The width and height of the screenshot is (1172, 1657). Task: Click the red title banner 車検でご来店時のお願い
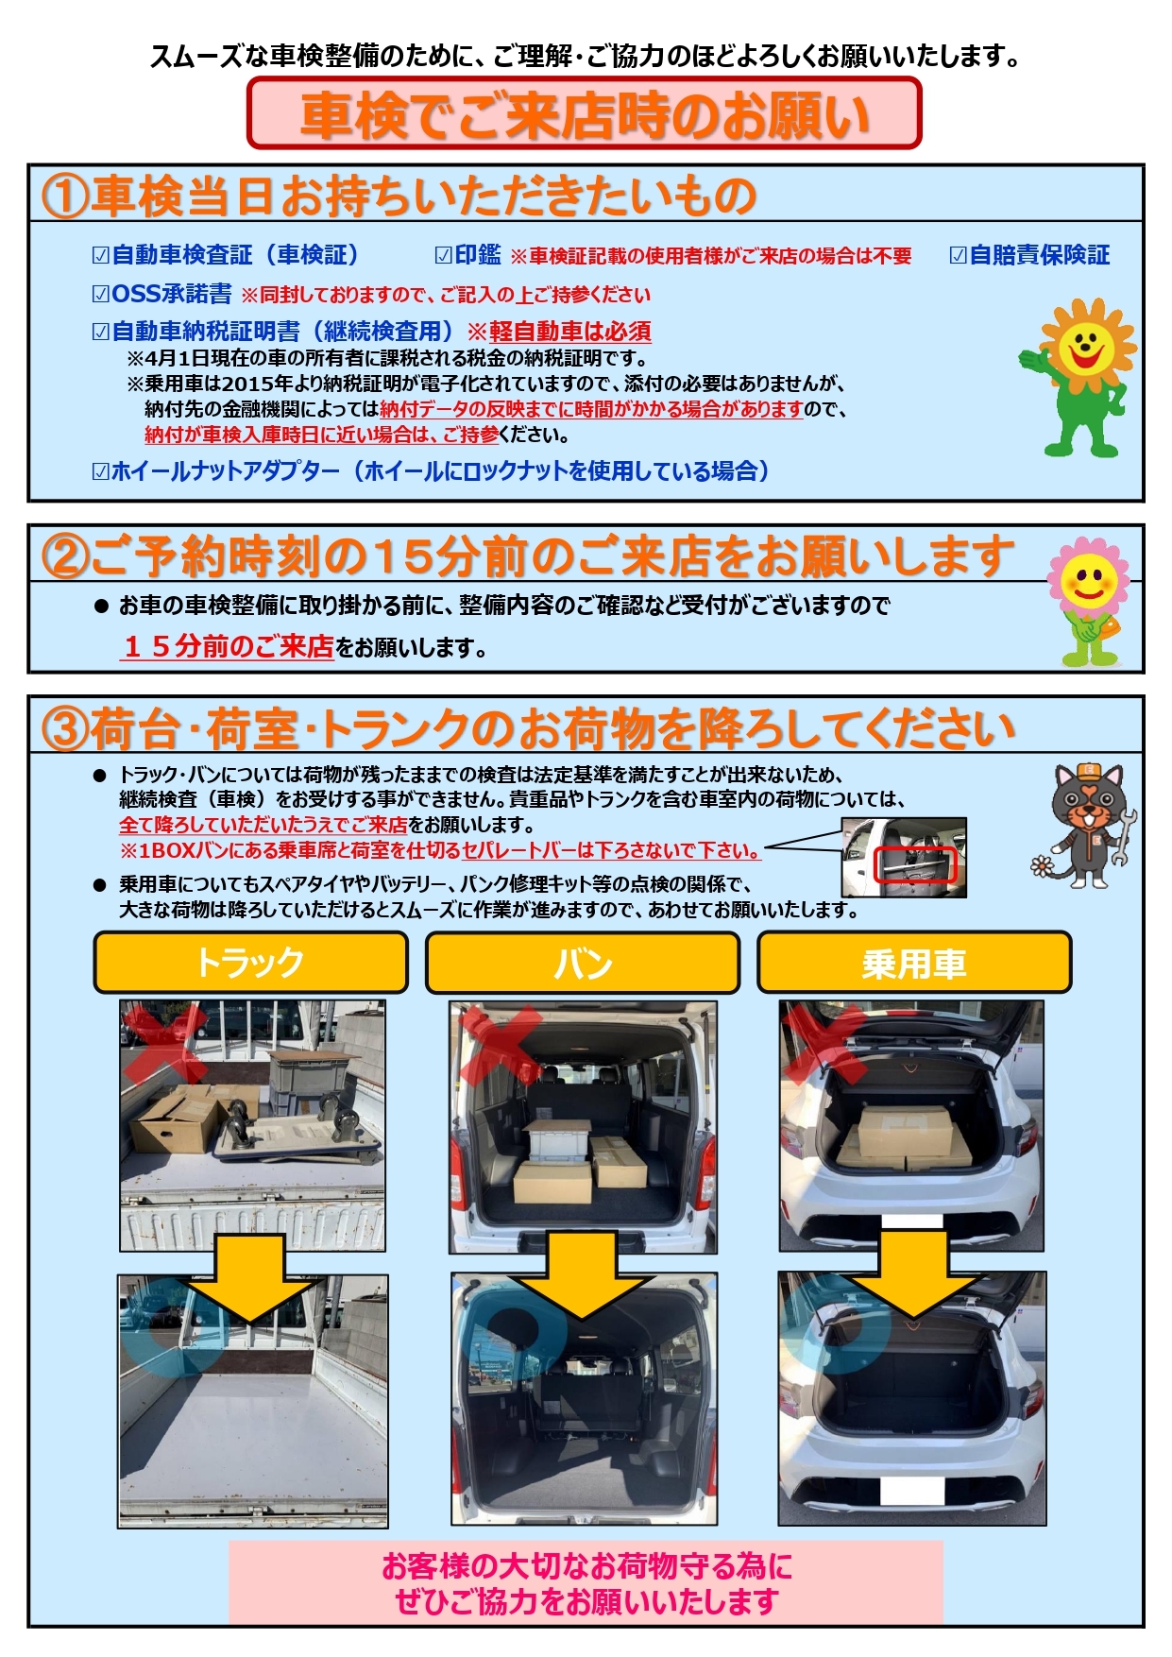pyautogui.click(x=584, y=113)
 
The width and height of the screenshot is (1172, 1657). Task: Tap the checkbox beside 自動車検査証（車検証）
pyautogui.click(x=101, y=255)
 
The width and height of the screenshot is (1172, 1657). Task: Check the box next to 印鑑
pyautogui.click(x=443, y=255)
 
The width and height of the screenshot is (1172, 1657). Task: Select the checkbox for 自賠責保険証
pyautogui.click(x=958, y=255)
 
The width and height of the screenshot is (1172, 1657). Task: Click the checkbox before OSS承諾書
pyautogui.click(x=101, y=294)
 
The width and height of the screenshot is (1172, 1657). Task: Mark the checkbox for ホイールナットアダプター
pyautogui.click(x=101, y=470)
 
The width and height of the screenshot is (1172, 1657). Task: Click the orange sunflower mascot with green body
pyautogui.click(x=1079, y=377)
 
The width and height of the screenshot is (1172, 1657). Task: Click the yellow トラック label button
pyautogui.click(x=250, y=963)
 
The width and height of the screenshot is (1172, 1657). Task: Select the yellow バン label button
pyautogui.click(x=583, y=963)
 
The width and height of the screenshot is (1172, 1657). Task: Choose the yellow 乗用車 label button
pyautogui.click(x=914, y=963)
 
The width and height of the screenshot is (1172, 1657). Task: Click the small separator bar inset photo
pyautogui.click(x=904, y=857)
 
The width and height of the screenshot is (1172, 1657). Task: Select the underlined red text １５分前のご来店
pyautogui.click(x=228, y=646)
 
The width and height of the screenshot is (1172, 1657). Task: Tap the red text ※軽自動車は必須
pyautogui.click(x=559, y=332)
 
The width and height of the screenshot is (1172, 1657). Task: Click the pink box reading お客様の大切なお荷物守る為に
pyautogui.click(x=586, y=1582)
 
